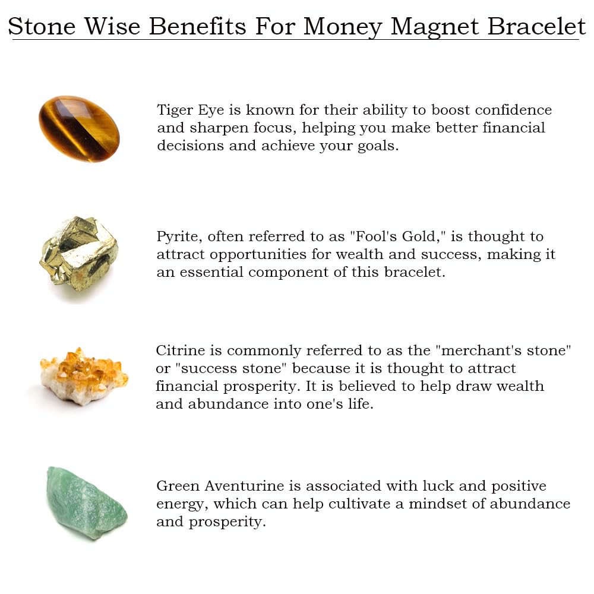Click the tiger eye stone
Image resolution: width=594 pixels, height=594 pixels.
pyautogui.click(x=79, y=129)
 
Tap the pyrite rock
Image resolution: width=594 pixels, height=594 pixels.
pyautogui.click(x=79, y=254)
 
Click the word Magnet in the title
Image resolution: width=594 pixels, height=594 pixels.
pyautogui.click(x=435, y=27)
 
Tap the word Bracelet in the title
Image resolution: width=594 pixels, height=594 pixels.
pyautogui.click(x=536, y=27)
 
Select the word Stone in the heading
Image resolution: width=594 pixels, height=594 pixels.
pyautogui.click(x=42, y=27)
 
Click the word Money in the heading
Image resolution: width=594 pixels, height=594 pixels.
pyautogui.click(x=343, y=27)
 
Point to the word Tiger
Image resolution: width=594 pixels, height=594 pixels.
pyautogui.click(x=175, y=110)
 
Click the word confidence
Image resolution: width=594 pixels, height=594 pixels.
pyautogui.click(x=513, y=110)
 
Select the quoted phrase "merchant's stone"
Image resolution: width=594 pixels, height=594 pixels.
pyautogui.click(x=504, y=350)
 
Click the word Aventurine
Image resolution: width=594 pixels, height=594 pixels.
pyautogui.click(x=244, y=486)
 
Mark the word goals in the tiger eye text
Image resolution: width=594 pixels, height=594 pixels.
pyautogui.click(x=378, y=146)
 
